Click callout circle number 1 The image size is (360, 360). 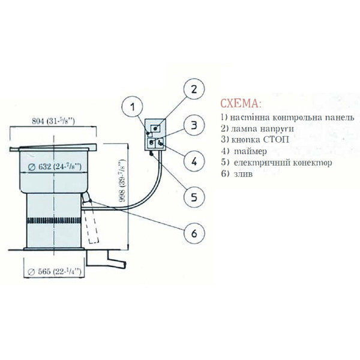(132, 107)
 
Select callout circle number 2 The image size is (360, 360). (194, 89)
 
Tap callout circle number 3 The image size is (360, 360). (194, 125)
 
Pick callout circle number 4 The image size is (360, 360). (194, 161)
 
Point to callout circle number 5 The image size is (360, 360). (194, 197)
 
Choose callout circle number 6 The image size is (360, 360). (194, 233)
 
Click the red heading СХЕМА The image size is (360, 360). (241, 104)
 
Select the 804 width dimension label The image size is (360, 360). (53, 121)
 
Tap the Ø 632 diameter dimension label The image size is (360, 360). (55, 167)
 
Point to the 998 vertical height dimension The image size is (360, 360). (123, 181)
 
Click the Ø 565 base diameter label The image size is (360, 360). (55, 272)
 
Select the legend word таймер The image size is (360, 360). (250, 151)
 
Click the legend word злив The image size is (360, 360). (243, 174)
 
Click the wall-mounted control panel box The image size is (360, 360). (155, 134)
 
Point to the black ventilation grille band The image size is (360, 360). (54, 220)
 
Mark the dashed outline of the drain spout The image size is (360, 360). (92, 226)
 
